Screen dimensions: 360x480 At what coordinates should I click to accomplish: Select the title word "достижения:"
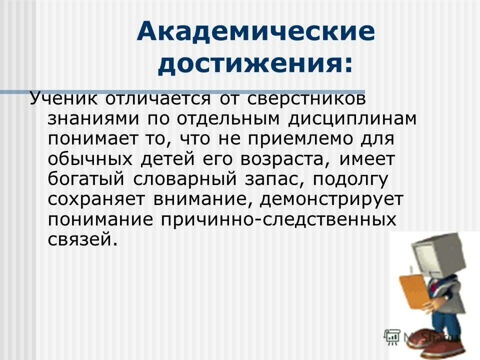[255, 65]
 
